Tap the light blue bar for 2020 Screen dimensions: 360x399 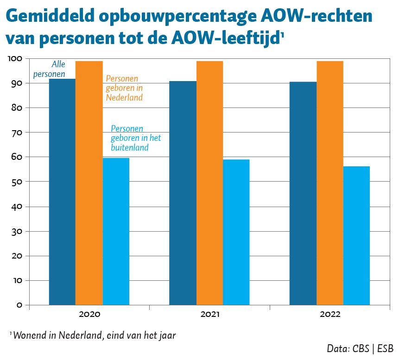[116, 231]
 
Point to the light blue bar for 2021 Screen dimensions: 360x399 [236, 232]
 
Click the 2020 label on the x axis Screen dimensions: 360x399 [89, 315]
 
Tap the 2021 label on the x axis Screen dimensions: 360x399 [209, 315]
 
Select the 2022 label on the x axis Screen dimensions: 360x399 [329, 315]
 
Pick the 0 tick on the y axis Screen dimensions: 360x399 [19, 305]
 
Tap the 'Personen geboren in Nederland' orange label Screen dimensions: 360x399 [124, 88]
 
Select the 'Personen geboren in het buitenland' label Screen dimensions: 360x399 [134, 138]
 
